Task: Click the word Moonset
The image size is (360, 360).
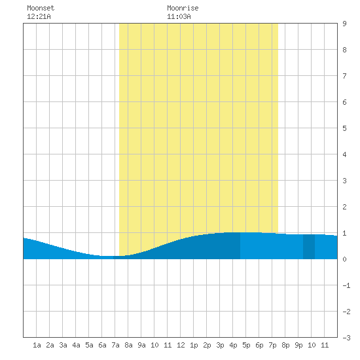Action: pyautogui.click(x=41, y=8)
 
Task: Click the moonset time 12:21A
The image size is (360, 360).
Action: pyautogui.click(x=39, y=16)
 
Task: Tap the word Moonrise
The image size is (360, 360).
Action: pyautogui.click(x=183, y=8)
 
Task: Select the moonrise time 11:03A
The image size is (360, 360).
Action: pyautogui.click(x=179, y=16)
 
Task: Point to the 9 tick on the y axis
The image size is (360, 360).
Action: pyautogui.click(x=344, y=24)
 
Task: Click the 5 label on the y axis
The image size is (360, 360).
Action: pyautogui.click(x=344, y=128)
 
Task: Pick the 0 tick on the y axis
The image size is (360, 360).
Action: pyautogui.click(x=344, y=259)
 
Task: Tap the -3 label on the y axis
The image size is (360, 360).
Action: pyautogui.click(x=346, y=338)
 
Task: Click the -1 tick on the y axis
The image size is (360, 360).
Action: pyautogui.click(x=346, y=285)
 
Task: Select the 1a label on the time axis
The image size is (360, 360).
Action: pyautogui.click(x=37, y=345)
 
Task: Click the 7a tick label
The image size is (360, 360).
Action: pyautogui.click(x=115, y=345)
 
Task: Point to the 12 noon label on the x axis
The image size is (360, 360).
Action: pyautogui.click(x=181, y=345)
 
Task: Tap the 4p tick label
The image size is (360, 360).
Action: pyautogui.click(x=233, y=345)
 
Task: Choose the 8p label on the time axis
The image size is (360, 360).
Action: pyautogui.click(x=285, y=345)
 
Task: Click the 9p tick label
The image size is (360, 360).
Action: pyautogui.click(x=298, y=345)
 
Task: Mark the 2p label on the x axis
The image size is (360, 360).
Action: pyautogui.click(x=207, y=345)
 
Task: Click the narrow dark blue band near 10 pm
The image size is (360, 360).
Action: pyautogui.click(x=309, y=247)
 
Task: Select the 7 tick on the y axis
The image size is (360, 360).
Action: pyautogui.click(x=344, y=76)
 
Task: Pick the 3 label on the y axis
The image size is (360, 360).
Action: pyautogui.click(x=344, y=181)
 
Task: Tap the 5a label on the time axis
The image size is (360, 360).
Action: pyautogui.click(x=89, y=345)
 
